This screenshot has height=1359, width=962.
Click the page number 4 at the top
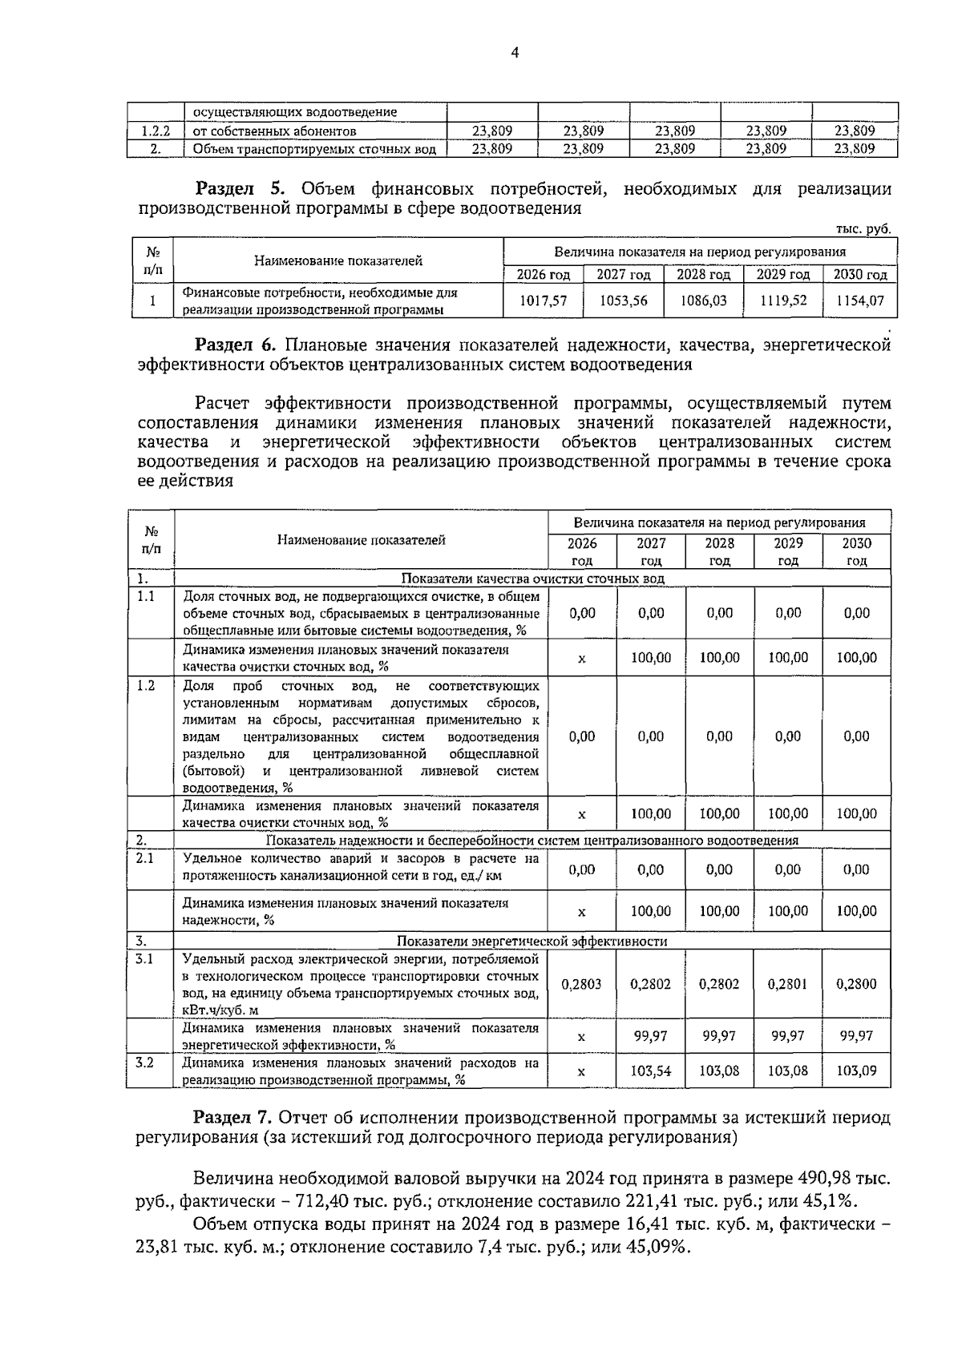tap(515, 54)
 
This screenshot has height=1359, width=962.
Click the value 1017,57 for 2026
tap(543, 300)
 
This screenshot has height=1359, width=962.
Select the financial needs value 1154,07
tap(861, 300)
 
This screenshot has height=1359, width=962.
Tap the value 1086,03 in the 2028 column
tap(703, 300)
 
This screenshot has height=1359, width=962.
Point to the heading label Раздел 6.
tap(236, 345)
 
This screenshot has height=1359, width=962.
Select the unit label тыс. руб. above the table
tap(863, 229)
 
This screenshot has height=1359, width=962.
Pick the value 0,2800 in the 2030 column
tap(856, 984)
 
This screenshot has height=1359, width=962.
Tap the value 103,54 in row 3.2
tap(651, 1071)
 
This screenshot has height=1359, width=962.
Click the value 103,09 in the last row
tap(856, 1071)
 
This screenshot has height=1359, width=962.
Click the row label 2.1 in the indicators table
tap(145, 858)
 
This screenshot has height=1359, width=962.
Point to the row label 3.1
tap(145, 958)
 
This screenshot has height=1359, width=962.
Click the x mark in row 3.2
tap(581, 1071)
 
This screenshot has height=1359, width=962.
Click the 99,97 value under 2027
tap(651, 1035)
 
